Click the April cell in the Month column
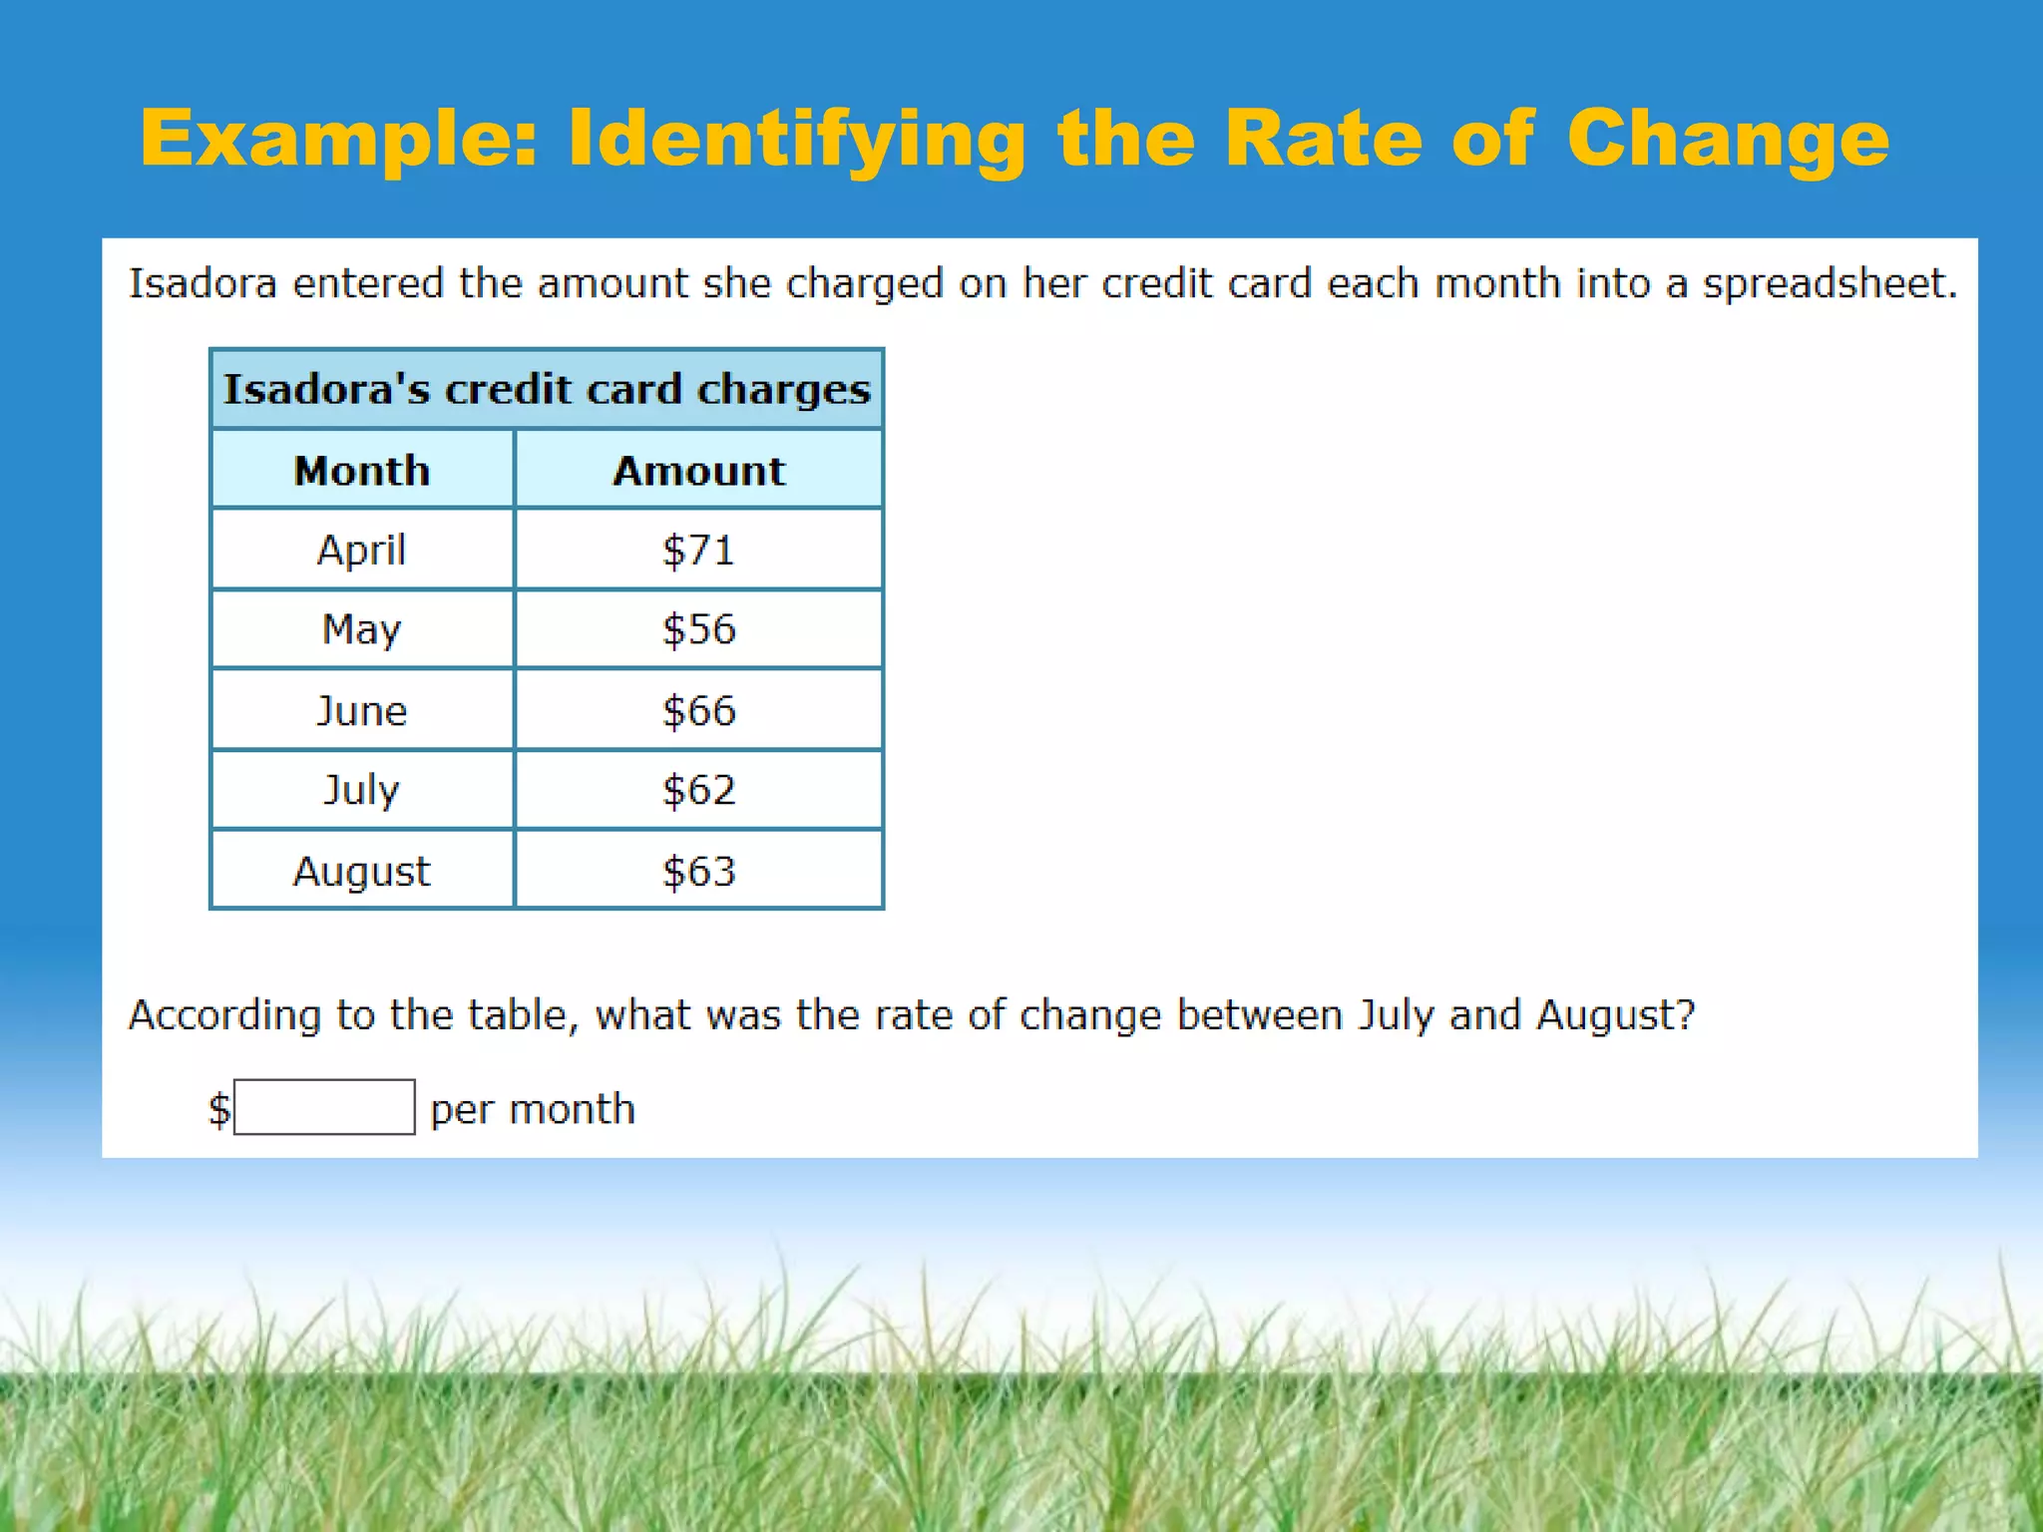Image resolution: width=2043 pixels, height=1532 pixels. pyautogui.click(x=361, y=550)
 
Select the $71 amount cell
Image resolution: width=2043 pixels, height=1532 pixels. pyautogui.click(x=698, y=550)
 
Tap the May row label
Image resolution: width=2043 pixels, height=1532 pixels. pyautogui.click(x=361, y=629)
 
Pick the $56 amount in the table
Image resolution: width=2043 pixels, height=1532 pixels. pyautogui.click(x=698, y=629)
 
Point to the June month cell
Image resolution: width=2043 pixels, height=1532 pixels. pyautogui.click(x=361, y=711)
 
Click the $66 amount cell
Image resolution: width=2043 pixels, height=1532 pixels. pyautogui.click(x=698, y=711)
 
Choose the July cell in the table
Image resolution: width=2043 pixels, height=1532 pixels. pyautogui.click(x=361, y=790)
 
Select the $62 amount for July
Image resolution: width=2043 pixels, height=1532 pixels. pyautogui.click(x=698, y=790)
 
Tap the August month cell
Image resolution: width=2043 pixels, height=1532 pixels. pyautogui.click(x=361, y=871)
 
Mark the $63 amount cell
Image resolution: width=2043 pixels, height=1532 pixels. pyautogui.click(x=698, y=871)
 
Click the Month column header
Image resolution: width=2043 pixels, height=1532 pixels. pyautogui.click(x=361, y=471)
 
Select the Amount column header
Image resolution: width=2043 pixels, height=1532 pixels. pyautogui.click(x=698, y=471)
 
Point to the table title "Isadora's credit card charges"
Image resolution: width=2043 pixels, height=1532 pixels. pyautogui.click(x=547, y=389)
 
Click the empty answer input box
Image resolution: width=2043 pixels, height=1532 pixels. pyautogui.click(x=324, y=1107)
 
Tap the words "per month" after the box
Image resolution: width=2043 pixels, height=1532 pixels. pyautogui.click(x=532, y=1109)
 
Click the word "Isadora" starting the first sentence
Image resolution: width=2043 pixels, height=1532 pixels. pyautogui.click(x=203, y=283)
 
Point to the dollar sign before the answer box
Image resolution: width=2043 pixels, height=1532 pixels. pyautogui.click(x=218, y=1109)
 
